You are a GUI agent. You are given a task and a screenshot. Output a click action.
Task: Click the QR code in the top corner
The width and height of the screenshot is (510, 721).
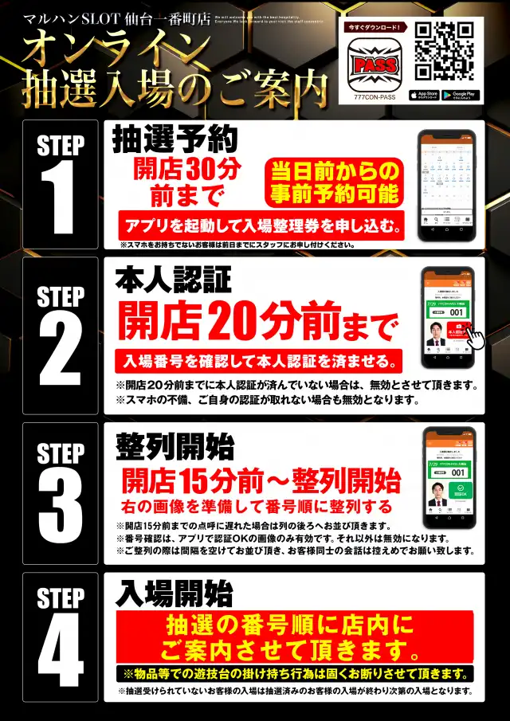pos(445,51)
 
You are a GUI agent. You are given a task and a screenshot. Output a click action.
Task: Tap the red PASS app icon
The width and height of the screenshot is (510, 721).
pos(375,63)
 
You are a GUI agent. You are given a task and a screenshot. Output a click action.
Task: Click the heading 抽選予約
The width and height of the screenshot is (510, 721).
pos(175,141)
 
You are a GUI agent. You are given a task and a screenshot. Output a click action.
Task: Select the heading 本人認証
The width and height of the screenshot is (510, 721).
pos(173,280)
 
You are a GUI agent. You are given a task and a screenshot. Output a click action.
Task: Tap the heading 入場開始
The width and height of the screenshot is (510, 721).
pos(174,593)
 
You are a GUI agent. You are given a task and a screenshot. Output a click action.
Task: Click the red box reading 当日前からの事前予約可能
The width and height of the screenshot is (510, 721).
pos(334,182)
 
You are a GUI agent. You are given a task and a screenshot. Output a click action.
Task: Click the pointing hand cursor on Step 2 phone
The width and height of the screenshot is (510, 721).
pos(477,335)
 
